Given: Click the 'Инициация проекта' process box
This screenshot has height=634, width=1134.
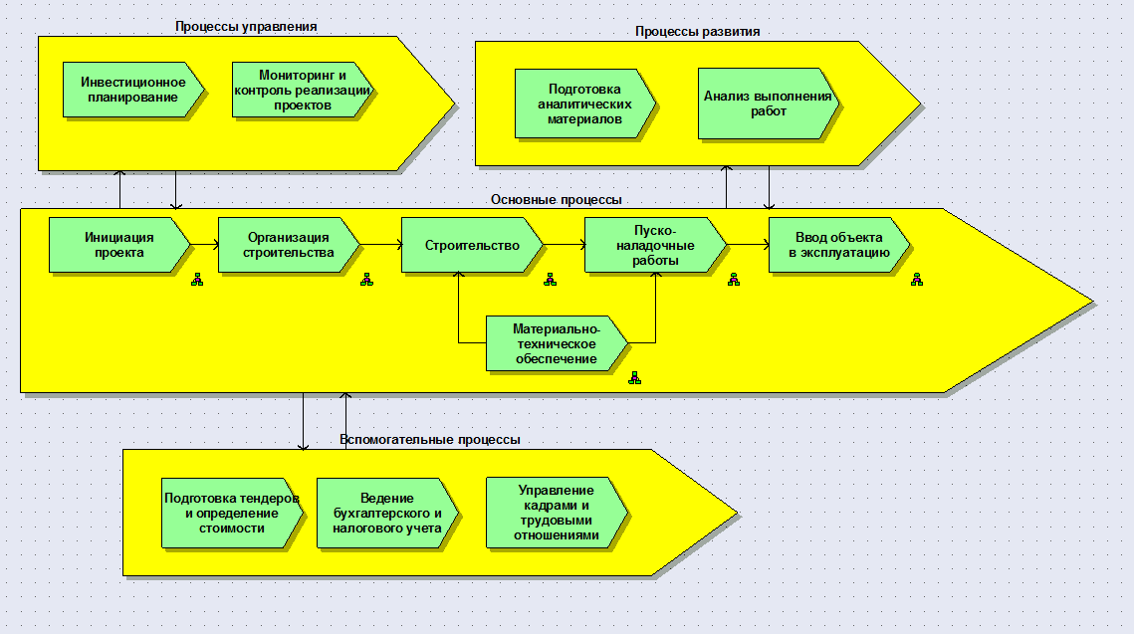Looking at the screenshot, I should pos(118,245).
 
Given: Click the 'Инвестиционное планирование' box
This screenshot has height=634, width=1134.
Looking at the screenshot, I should pos(132,90).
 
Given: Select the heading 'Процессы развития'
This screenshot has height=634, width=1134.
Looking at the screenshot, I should pos(697,31).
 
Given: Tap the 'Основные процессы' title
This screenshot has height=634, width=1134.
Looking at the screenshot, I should pos(556,199).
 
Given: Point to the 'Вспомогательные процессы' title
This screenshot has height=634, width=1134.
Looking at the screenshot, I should pos(429,439).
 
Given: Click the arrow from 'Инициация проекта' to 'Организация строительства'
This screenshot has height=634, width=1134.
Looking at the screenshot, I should pos(204,244).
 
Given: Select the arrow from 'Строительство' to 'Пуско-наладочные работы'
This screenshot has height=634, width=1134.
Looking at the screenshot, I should pos(565,244).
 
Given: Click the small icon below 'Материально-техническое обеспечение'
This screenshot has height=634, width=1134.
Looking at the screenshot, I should pos(634,378).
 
